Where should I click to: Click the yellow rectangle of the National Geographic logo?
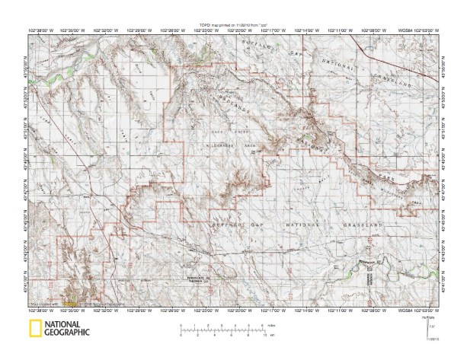tap(36, 329)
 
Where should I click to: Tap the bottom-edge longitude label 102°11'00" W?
tap(340, 310)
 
